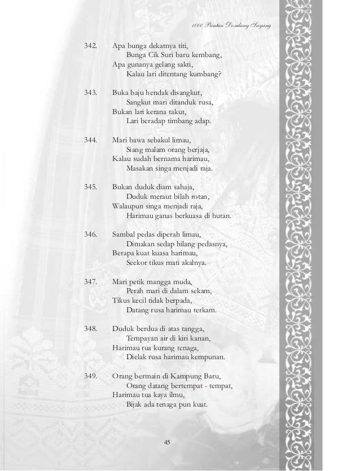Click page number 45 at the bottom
click(166, 441)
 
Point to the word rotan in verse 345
click(199, 197)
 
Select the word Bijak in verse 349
click(134, 405)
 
